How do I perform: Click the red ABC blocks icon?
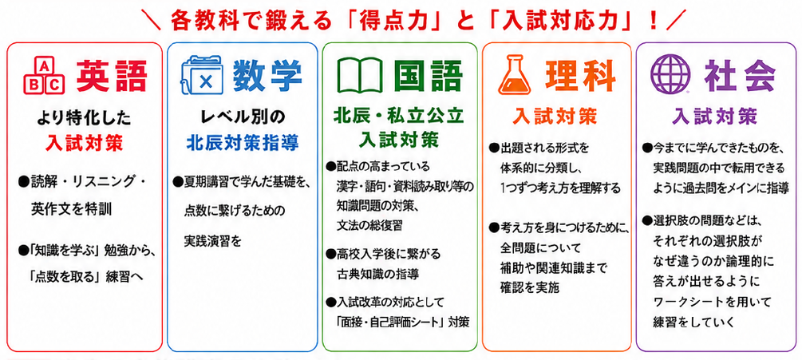pyautogui.click(x=45, y=77)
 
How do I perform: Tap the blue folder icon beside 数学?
pyautogui.click(x=203, y=78)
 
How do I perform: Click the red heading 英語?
pyautogui.click(x=112, y=77)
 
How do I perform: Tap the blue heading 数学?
pyautogui.click(x=267, y=77)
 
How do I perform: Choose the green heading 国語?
pyautogui.click(x=428, y=77)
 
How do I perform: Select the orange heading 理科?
pyautogui.click(x=580, y=77)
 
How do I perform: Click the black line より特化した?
pyautogui.click(x=84, y=119)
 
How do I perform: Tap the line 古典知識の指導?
pyautogui.click(x=378, y=274)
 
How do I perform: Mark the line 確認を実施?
pyautogui.click(x=529, y=287)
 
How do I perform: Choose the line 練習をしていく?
pyautogui.click(x=693, y=322)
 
